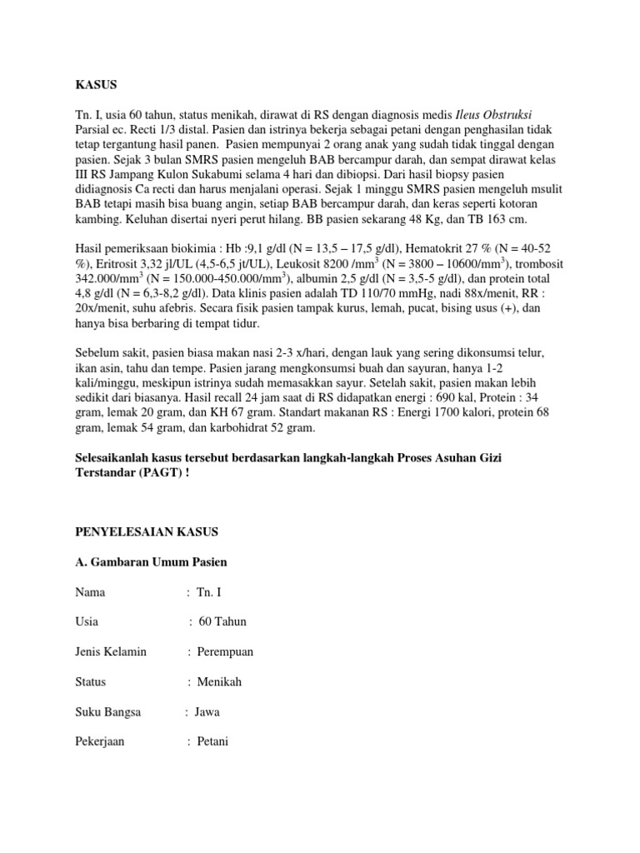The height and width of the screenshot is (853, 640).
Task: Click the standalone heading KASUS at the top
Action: [97, 85]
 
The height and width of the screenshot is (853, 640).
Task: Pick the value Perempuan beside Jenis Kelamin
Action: [225, 652]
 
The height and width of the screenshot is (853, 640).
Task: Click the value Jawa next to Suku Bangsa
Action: [207, 712]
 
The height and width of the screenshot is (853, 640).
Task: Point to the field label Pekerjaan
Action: [101, 742]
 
